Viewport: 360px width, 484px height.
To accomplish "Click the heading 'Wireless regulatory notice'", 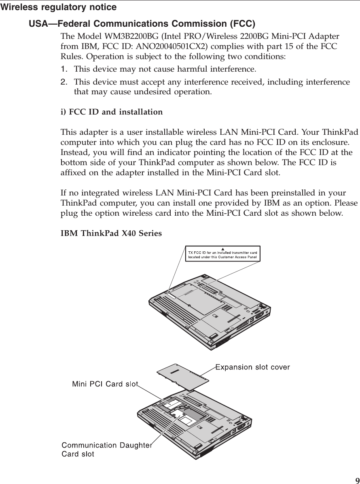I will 58,7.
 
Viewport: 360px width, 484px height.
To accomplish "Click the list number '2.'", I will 64,82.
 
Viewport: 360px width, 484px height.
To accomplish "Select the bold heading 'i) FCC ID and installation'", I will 112,112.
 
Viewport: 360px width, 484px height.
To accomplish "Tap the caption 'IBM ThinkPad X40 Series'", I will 111,234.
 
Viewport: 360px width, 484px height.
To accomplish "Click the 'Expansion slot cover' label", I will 252,367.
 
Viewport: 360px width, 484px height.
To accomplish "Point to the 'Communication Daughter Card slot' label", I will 106,450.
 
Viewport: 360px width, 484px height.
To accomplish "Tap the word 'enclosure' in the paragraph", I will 332,142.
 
